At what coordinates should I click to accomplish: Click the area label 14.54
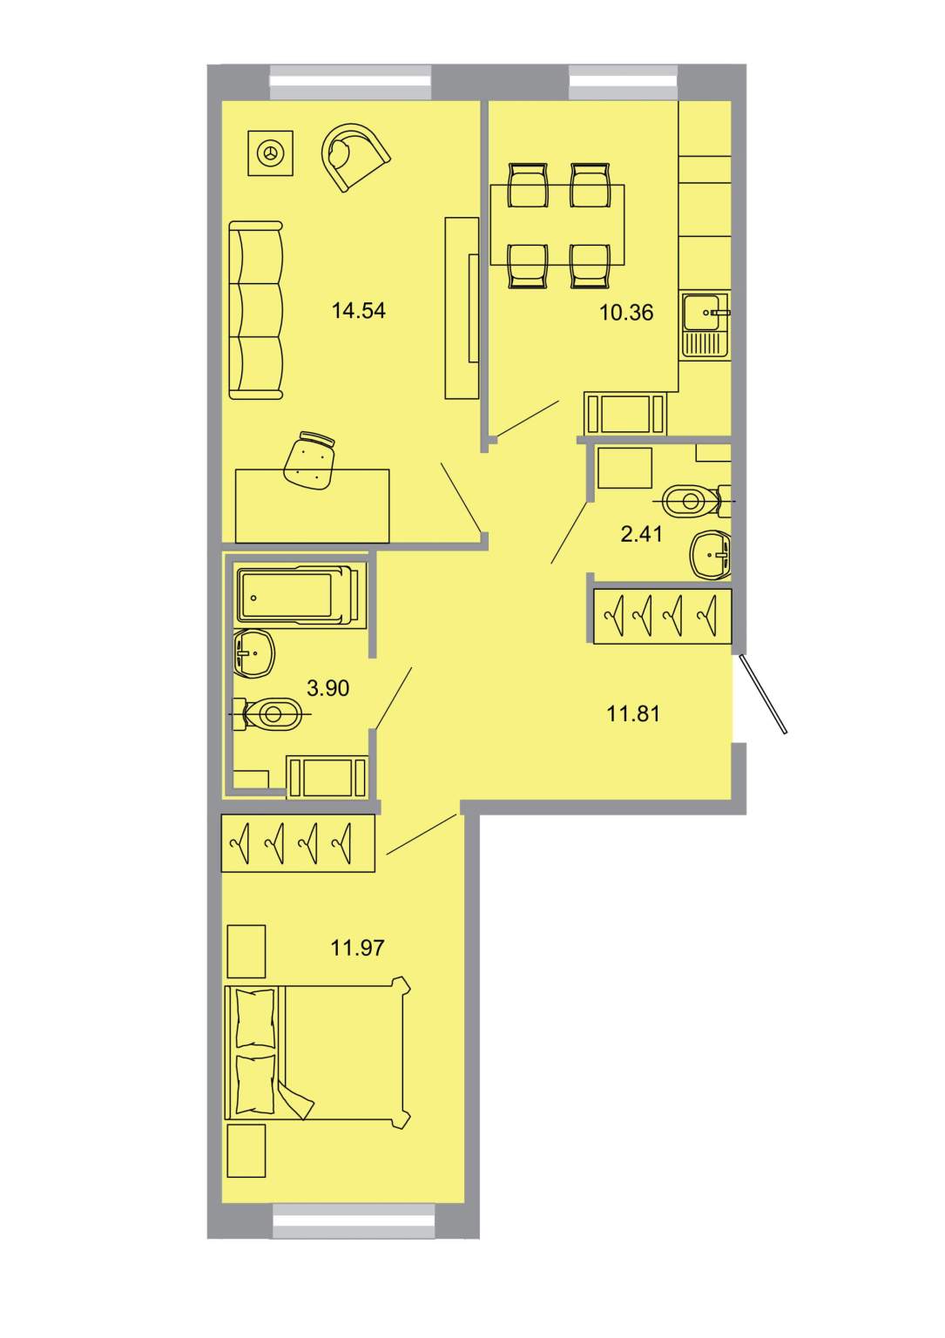pyautogui.click(x=359, y=311)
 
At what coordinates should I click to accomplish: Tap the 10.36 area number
pyautogui.click(x=626, y=312)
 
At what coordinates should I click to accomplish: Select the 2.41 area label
pyautogui.click(x=642, y=533)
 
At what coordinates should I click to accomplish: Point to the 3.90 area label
pyautogui.click(x=328, y=688)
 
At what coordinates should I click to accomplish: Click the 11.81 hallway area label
pyautogui.click(x=633, y=713)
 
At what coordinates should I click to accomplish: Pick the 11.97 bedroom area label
pyautogui.click(x=357, y=948)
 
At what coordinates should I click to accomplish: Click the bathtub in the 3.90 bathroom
pyautogui.click(x=298, y=595)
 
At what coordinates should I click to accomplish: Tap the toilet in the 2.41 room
pyautogui.click(x=697, y=501)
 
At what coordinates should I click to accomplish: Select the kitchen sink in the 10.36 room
pyautogui.click(x=706, y=325)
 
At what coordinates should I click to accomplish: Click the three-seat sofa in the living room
pyautogui.click(x=256, y=310)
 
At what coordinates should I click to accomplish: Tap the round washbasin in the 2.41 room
pyautogui.click(x=711, y=554)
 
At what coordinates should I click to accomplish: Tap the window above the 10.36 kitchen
pyautogui.click(x=623, y=83)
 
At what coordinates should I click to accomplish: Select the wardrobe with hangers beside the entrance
pyautogui.click(x=663, y=616)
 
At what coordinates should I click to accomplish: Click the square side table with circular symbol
pyautogui.click(x=271, y=153)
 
